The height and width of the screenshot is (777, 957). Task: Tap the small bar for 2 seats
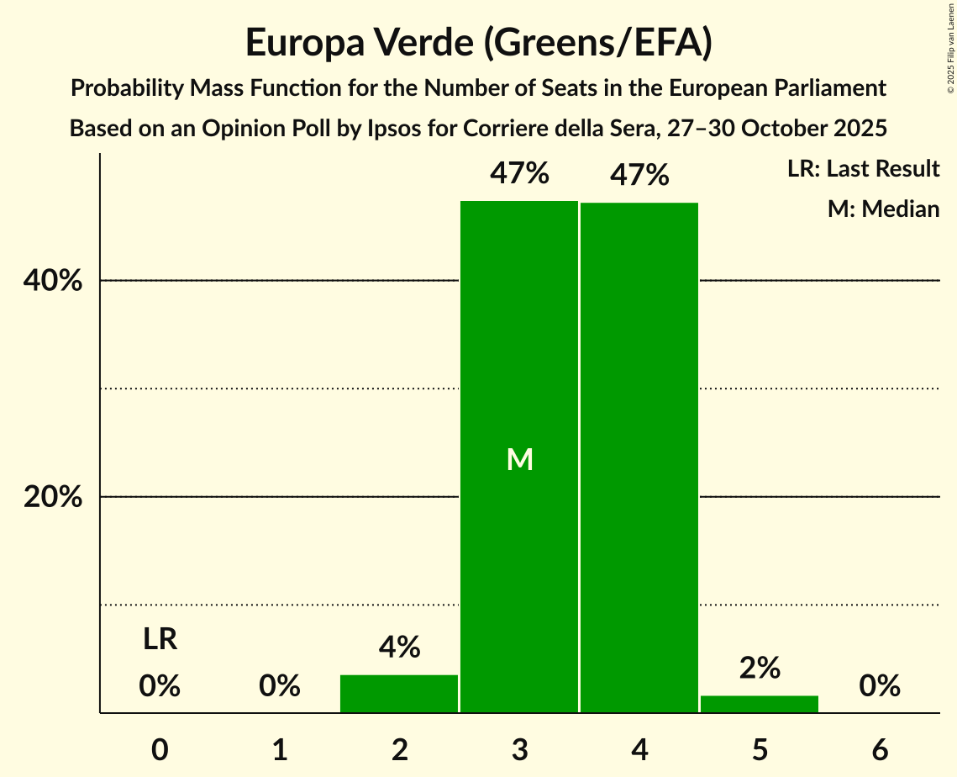click(x=399, y=694)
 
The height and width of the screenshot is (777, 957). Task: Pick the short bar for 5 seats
click(x=760, y=704)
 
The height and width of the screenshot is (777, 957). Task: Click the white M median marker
click(x=520, y=459)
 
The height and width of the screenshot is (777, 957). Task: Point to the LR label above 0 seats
click(x=160, y=640)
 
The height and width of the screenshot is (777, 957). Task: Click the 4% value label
click(x=399, y=647)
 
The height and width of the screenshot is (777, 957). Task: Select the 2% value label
click(x=760, y=669)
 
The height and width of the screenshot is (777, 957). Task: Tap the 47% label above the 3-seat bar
click(x=520, y=175)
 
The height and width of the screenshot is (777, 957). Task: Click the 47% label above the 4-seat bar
click(x=639, y=176)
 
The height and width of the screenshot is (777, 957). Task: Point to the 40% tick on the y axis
click(x=52, y=281)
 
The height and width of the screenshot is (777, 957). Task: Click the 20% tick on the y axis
click(x=52, y=497)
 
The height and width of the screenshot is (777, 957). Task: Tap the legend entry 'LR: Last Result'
click(x=863, y=169)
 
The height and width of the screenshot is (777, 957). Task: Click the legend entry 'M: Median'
click(x=883, y=209)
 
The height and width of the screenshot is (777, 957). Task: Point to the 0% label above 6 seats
click(x=880, y=687)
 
